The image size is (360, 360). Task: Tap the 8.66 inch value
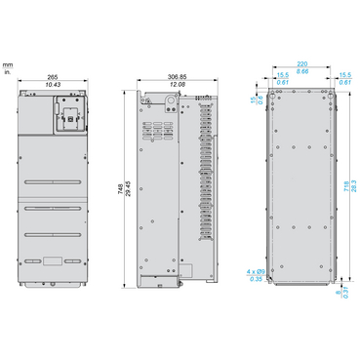(301, 72)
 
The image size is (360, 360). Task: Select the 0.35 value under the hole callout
(255, 279)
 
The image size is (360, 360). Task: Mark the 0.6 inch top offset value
(260, 99)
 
